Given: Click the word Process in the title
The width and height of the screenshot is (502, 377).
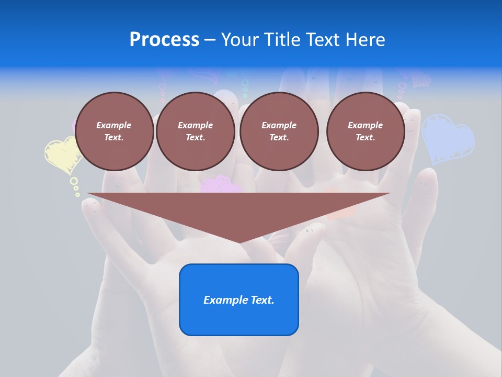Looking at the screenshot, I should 164,40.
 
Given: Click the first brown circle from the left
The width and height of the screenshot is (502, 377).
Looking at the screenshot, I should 114,131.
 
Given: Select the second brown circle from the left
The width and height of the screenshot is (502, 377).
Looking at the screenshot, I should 195,131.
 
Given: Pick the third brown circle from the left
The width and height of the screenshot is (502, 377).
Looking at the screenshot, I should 279,131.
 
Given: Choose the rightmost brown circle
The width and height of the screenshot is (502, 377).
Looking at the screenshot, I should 365,131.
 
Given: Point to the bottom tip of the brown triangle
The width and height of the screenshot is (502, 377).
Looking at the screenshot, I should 239,242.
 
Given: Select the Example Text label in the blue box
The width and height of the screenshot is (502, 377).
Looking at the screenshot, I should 238,300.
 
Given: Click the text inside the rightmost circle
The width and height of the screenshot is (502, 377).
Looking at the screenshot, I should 365,131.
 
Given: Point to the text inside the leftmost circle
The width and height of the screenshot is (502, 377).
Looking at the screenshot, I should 114,131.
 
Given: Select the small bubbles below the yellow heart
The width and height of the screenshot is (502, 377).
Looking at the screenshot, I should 75,186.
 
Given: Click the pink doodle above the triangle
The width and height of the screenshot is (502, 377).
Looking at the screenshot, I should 221,185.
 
